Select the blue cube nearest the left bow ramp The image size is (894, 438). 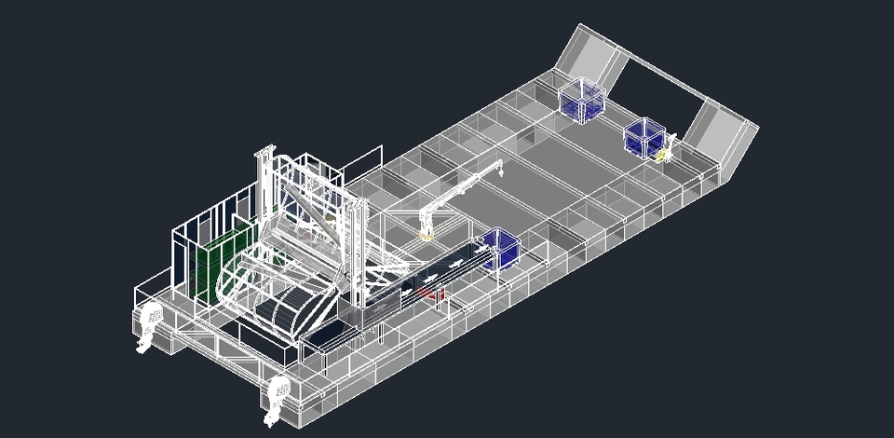[x=580, y=99]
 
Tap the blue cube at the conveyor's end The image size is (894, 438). [x=500, y=248]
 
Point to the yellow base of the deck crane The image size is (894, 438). [x=427, y=234]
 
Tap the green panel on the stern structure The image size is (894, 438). [x=226, y=258]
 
